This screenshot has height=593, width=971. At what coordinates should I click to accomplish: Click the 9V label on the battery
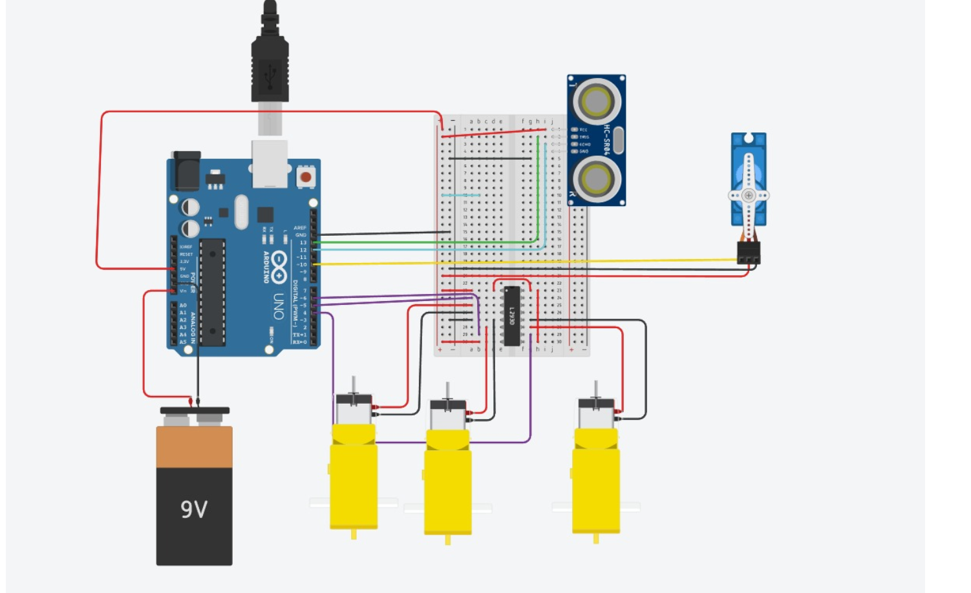click(x=194, y=510)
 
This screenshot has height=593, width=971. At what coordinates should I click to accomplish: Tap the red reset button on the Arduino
click(x=305, y=176)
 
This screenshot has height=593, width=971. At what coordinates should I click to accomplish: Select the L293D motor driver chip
click(x=511, y=316)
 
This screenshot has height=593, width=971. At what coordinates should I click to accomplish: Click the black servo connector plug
click(x=749, y=253)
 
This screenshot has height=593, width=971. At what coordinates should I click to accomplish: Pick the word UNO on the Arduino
click(x=279, y=306)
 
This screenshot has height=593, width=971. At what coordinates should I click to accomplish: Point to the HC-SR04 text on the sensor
click(x=607, y=140)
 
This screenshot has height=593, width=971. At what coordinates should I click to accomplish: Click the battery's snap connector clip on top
click(x=195, y=411)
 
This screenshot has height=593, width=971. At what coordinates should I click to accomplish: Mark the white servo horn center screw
click(x=749, y=195)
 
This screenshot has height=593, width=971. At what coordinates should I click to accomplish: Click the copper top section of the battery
click(x=194, y=447)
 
